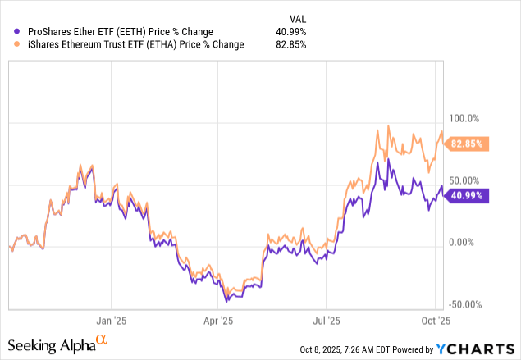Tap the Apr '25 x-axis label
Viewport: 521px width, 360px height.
(x=218, y=321)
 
